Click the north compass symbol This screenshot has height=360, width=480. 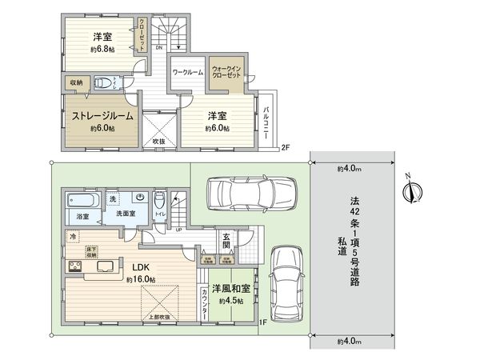pos(414,190)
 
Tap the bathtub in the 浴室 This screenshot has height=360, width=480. pos(81,200)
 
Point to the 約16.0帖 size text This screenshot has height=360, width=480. pos(141,280)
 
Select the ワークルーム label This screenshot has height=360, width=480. pos(188,73)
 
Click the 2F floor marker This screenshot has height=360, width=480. pos(284,146)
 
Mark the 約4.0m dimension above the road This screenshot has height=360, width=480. pos(350,169)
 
